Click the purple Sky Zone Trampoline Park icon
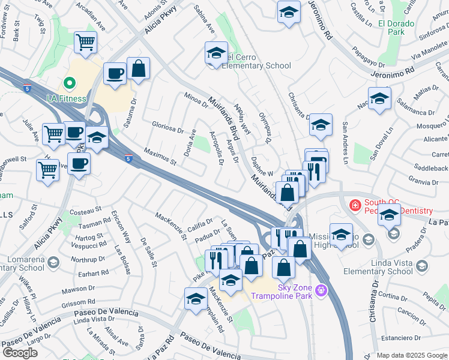click(322, 290)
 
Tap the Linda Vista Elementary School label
click(384, 268)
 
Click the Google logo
click(20, 353)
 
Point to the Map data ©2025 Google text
click(412, 355)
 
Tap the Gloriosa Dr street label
click(167, 129)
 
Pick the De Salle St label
click(148, 252)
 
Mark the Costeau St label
click(86, 211)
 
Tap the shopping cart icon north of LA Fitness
click(85, 43)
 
